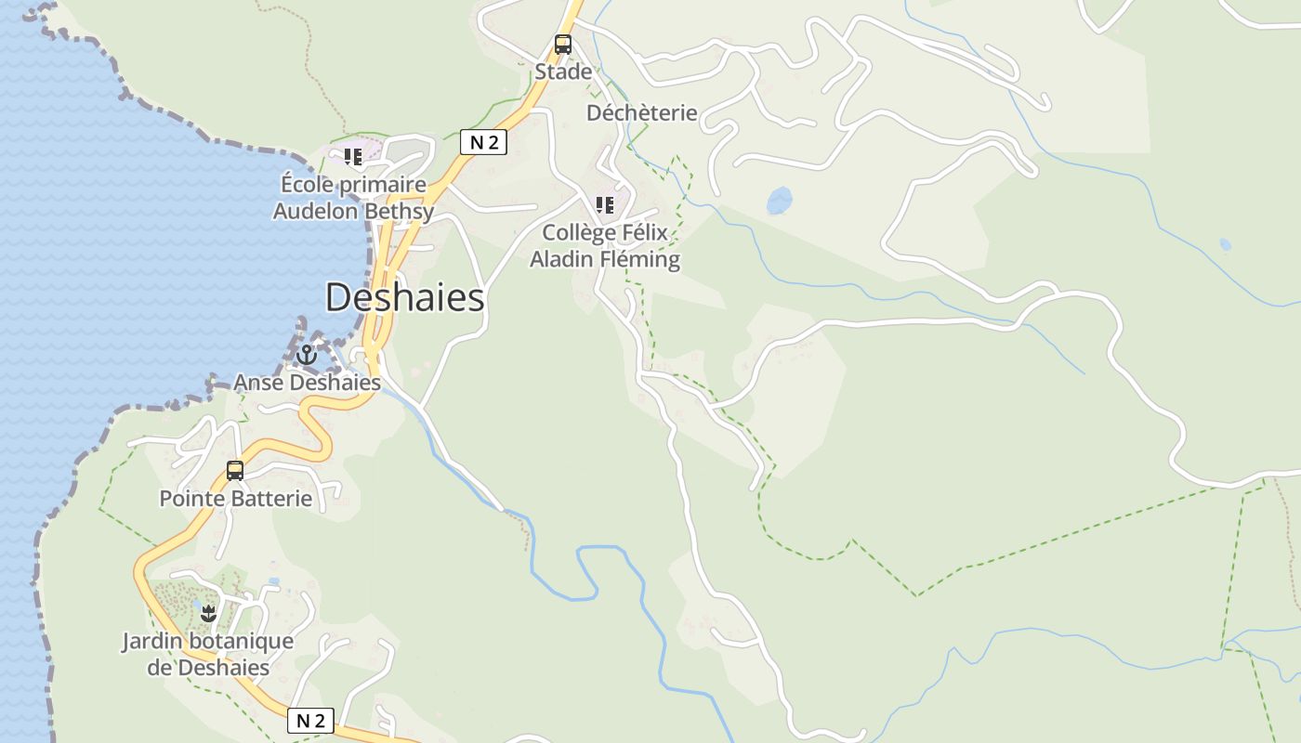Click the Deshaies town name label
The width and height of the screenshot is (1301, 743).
tap(405, 298)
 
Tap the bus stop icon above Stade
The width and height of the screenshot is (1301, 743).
tap(563, 44)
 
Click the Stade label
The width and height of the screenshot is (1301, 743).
tap(563, 72)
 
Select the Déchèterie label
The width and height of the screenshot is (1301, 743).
tap(641, 112)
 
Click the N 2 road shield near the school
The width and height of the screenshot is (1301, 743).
tap(483, 142)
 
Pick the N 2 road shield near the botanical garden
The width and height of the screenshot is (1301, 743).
tap(310, 721)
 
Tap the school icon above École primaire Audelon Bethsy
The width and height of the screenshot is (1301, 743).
tap(352, 157)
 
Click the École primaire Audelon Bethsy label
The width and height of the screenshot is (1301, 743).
tap(353, 198)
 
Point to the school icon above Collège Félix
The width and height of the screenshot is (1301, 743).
tap(605, 204)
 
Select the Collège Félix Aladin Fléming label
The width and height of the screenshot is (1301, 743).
tap(605, 246)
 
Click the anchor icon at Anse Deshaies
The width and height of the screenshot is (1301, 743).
tap(307, 355)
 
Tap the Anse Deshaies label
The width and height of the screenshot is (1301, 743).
tap(307, 383)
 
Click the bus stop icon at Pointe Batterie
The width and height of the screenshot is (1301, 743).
tap(235, 471)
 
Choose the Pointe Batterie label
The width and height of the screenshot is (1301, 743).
tap(236, 499)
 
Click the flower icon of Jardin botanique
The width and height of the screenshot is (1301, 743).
tap(208, 613)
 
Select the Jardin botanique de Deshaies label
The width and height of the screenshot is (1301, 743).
tap(208, 655)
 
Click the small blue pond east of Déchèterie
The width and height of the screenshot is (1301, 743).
tap(779, 201)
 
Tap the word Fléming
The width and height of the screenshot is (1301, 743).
tap(640, 260)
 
